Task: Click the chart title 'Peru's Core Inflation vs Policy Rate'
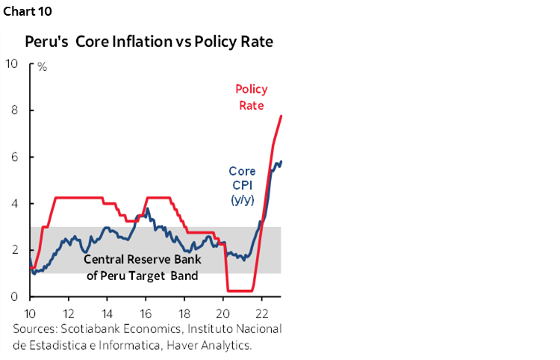pos(149,41)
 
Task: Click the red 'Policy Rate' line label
pos(251,97)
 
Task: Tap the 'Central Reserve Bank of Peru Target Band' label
pos(141,267)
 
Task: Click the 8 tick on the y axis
pos(14,111)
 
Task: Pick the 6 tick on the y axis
pos(14,157)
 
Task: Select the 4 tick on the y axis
pos(14,204)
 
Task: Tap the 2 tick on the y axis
pos(14,250)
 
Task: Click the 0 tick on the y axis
pos(14,297)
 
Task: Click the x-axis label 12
pos(69,312)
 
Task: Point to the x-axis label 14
pos(108,312)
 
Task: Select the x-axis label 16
pos(146,312)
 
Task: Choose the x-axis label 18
pos(185,312)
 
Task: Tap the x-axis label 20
pos(224,312)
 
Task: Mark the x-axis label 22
pos(263,312)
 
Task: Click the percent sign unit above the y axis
pos(43,66)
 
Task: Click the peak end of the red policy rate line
pos(281,116)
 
